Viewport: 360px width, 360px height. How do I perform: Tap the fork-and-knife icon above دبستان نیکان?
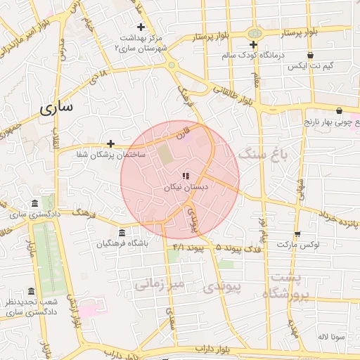pos(186,176)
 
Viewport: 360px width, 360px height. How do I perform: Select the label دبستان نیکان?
pos(186,188)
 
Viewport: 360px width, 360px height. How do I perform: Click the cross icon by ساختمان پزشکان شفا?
pos(110,143)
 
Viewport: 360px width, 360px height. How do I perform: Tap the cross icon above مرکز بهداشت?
pos(141,27)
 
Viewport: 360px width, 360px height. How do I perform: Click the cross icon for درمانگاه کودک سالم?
pos(253,44)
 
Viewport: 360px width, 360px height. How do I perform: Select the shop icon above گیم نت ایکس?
pos(310,55)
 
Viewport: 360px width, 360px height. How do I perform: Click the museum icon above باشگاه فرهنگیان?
pos(122,233)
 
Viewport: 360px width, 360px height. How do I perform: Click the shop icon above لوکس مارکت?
pos(297,234)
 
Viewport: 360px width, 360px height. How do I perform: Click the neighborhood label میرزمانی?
pos(160,285)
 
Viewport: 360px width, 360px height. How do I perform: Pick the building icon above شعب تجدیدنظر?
pos(30,292)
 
